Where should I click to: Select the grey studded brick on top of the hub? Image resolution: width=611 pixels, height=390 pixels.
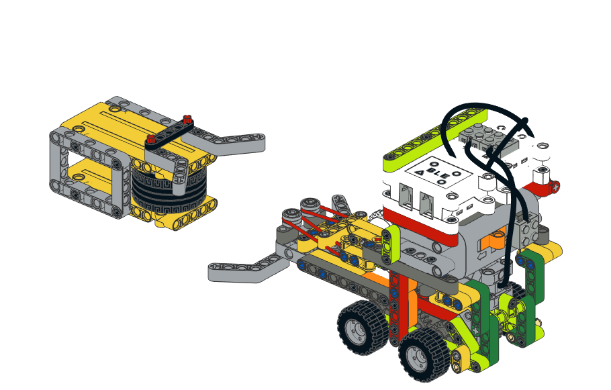click(489, 138)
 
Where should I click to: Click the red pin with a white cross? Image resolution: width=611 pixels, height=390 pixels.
click(555, 187)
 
